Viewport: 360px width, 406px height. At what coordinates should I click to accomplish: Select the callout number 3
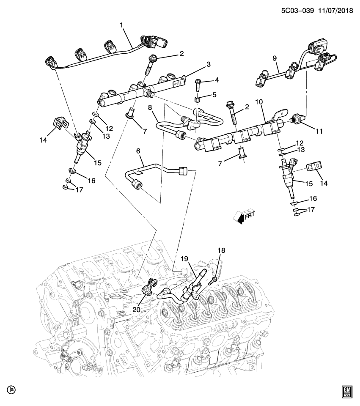(x=208, y=64)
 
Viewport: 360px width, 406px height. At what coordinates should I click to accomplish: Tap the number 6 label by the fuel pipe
(x=138, y=151)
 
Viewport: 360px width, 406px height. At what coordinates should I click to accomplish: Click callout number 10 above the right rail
(x=258, y=102)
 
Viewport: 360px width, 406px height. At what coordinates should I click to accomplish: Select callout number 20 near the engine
(x=136, y=309)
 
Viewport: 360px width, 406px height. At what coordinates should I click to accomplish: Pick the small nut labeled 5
(x=197, y=100)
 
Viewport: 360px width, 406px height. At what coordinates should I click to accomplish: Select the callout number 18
(x=222, y=250)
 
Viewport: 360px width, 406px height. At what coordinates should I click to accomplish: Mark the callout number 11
(x=319, y=132)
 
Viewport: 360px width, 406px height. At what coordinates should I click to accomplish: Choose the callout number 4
(x=216, y=80)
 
